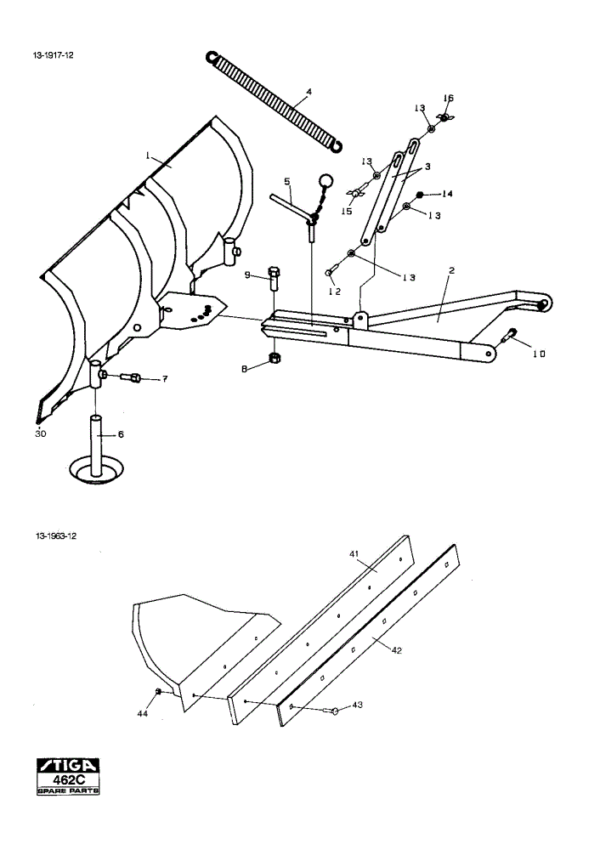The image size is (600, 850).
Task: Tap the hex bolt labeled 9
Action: click(274, 277)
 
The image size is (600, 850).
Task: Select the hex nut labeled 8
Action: click(275, 357)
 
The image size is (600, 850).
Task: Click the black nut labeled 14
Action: click(419, 194)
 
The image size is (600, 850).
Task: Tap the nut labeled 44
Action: click(158, 691)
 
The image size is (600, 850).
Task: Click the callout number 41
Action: click(354, 553)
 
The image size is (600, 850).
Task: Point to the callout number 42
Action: click(397, 649)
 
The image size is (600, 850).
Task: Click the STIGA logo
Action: click(68, 765)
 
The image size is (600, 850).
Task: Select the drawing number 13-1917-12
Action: click(54, 55)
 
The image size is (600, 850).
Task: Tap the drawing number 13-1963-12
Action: click(56, 536)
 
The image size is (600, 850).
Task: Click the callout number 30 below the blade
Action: click(41, 433)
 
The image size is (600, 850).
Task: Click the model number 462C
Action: click(68, 779)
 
